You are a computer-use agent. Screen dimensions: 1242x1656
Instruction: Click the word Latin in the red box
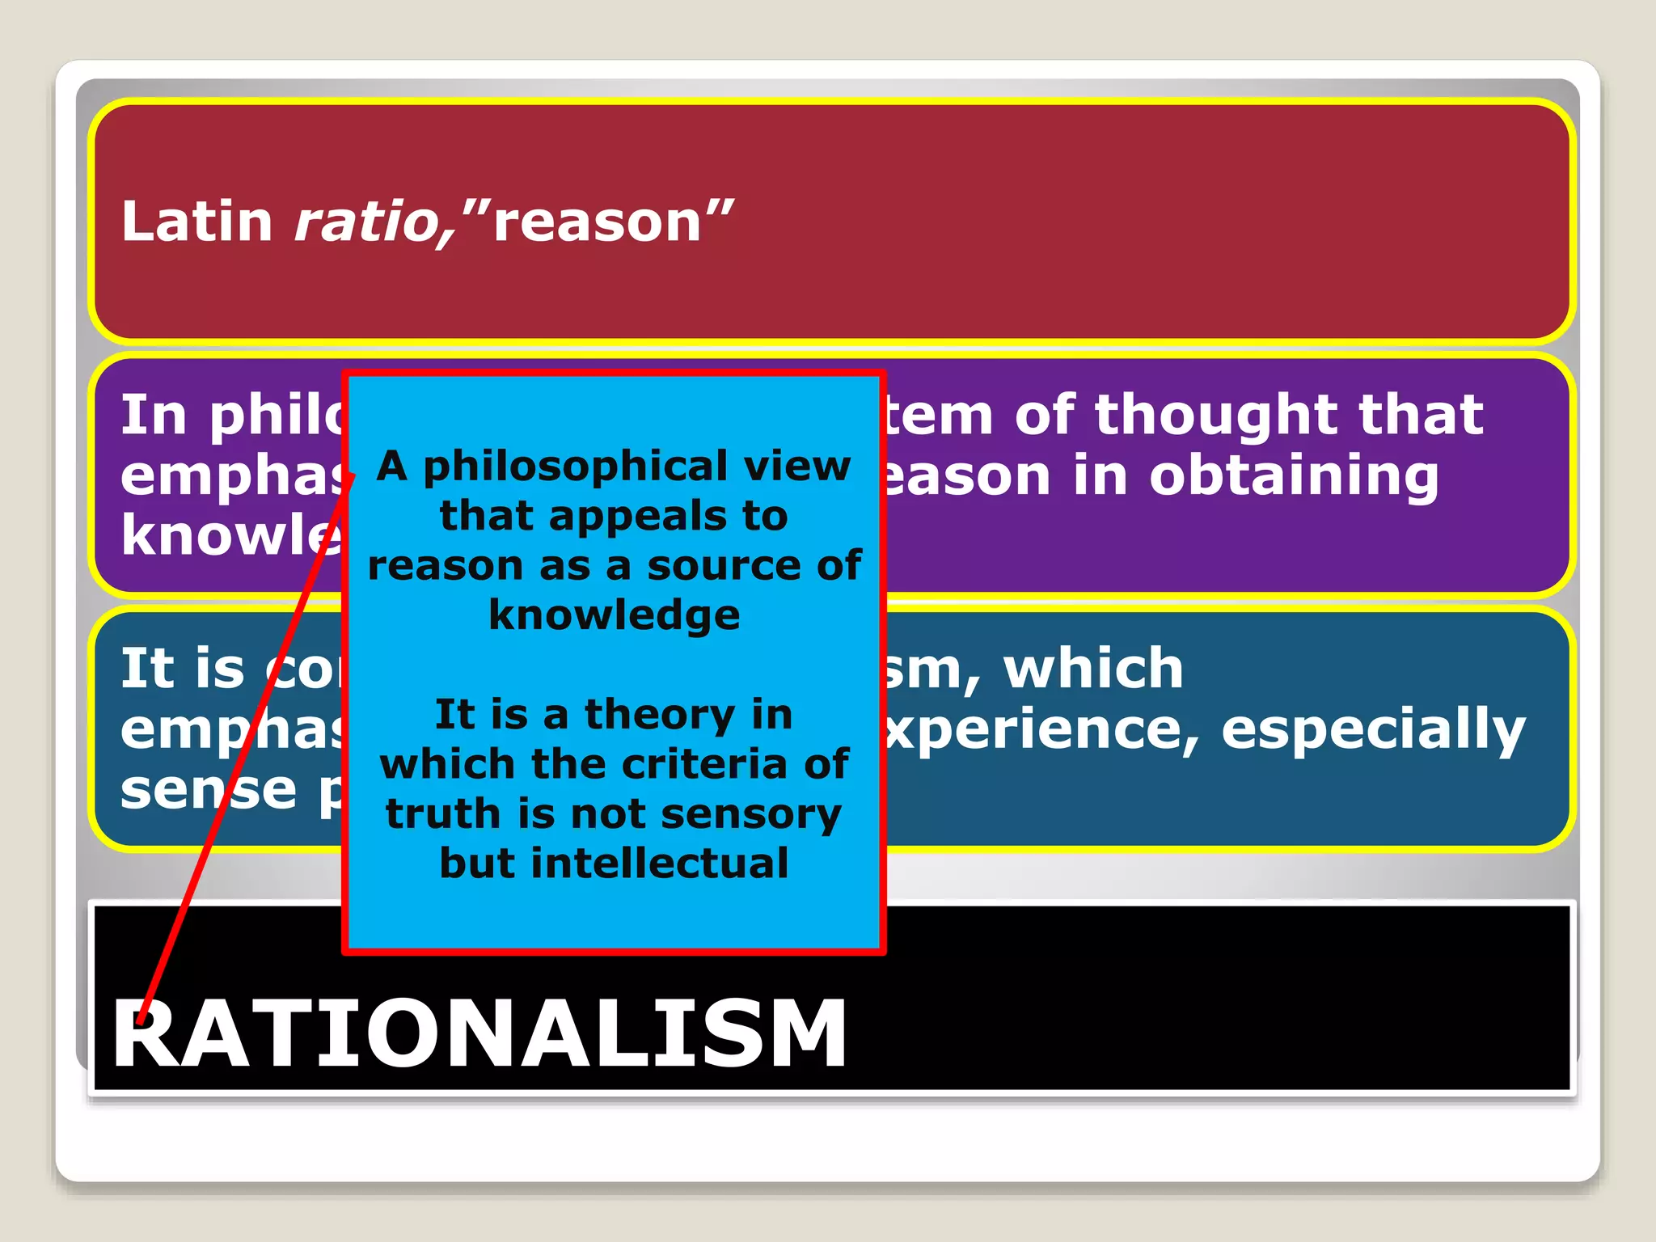click(196, 222)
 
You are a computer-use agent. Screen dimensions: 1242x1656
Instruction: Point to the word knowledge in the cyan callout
click(615, 615)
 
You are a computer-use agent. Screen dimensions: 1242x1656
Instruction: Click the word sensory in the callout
click(751, 813)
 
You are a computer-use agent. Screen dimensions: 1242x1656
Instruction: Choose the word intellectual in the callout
click(660, 863)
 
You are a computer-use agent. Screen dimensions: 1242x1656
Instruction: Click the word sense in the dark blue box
click(209, 790)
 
